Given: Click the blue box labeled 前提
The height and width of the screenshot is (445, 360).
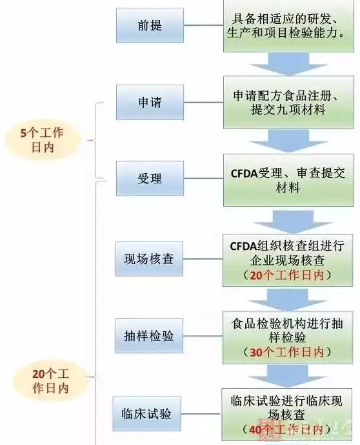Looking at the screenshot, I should pos(150,26).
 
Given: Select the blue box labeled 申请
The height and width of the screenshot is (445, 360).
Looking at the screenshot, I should pos(150,103).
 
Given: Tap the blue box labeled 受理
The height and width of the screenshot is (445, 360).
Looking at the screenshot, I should pos(150,178).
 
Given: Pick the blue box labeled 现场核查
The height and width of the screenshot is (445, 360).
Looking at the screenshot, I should pos(149,260).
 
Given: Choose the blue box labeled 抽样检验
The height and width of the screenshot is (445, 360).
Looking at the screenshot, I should pos(149,336).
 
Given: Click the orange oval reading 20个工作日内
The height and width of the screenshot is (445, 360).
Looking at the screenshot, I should pos(50,381).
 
